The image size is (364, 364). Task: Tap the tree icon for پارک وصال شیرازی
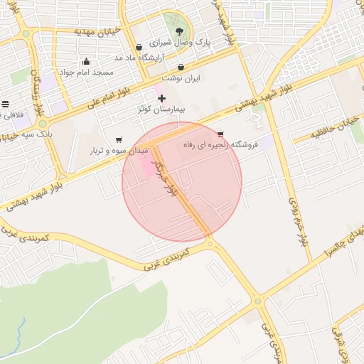[179, 31]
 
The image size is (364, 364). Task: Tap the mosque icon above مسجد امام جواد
[87, 61]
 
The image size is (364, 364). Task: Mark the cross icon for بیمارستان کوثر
[162, 97]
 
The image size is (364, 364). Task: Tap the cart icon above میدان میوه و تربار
[118, 139]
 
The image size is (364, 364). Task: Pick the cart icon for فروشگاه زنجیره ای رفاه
[220, 134]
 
